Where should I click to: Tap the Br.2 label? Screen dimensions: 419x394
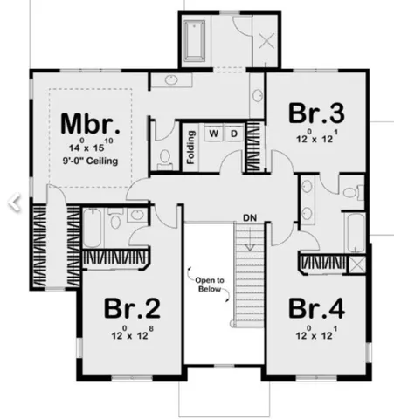tap(131, 309)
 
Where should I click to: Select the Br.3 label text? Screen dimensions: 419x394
tap(315, 114)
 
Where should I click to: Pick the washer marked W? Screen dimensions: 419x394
tap(215, 135)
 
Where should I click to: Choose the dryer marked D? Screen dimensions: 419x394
tap(234, 135)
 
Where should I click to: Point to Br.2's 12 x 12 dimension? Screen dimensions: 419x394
tap(131, 333)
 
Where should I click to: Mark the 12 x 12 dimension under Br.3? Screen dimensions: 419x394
tap(315, 137)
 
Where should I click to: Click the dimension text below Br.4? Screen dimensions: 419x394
tap(315, 333)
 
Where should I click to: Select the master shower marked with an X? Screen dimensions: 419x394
tap(266, 39)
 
